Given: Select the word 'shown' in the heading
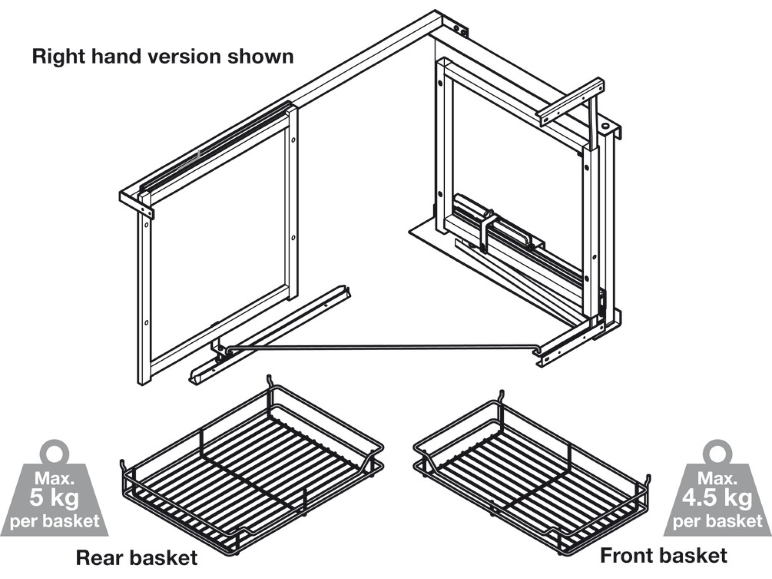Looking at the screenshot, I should point(260,57).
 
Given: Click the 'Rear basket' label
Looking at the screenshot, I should point(136,558).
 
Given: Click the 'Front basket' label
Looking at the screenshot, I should point(663,555).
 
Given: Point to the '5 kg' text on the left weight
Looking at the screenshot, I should point(54,498).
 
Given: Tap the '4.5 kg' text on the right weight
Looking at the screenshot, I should point(717,498).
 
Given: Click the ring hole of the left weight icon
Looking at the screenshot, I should point(54,454).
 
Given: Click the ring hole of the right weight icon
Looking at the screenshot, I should point(718,454).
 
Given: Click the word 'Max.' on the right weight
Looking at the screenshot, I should point(717,478).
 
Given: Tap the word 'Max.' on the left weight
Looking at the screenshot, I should point(54,478).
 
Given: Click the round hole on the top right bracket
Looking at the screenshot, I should point(606,126).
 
